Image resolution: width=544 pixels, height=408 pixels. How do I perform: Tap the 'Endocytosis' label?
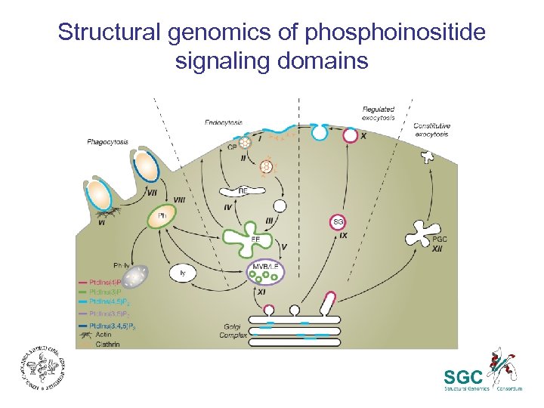pos(223,122)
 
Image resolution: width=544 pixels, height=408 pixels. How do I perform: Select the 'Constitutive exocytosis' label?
pos(431,130)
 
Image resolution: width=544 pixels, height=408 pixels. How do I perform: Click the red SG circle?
pos(338,221)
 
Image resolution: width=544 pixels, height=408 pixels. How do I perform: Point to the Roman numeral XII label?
pos(437,249)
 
